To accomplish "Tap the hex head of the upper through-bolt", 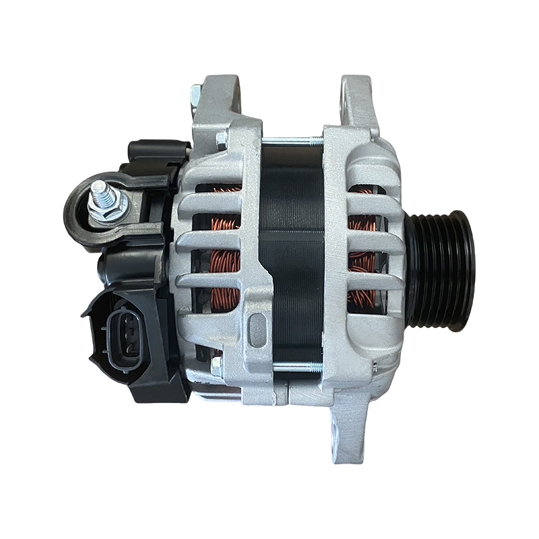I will [x=220, y=139].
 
